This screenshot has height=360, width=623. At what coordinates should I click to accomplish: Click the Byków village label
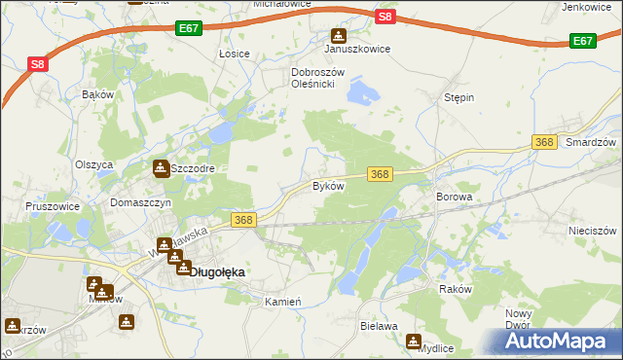click(x=328, y=185)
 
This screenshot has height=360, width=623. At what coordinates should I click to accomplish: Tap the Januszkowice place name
click(x=357, y=49)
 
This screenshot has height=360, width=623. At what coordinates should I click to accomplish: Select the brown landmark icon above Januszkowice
click(x=339, y=35)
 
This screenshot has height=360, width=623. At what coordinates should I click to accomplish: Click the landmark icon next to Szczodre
click(x=160, y=168)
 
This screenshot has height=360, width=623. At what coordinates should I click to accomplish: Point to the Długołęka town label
click(x=215, y=272)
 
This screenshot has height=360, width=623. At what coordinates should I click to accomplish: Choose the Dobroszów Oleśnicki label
click(x=313, y=78)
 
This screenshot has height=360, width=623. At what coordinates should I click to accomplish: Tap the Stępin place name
click(x=458, y=97)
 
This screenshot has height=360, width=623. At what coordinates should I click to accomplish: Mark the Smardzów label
click(x=592, y=142)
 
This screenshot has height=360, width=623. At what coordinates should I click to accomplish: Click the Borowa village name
click(x=454, y=197)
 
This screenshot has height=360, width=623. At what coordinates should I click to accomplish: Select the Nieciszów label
click(x=593, y=232)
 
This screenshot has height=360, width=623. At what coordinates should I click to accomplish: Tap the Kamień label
click(x=284, y=302)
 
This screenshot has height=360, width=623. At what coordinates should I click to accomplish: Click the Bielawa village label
click(x=379, y=326)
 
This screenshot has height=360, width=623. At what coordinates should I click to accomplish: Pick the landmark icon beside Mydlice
click(x=414, y=342)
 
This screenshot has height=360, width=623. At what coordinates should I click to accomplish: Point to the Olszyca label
click(x=94, y=164)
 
